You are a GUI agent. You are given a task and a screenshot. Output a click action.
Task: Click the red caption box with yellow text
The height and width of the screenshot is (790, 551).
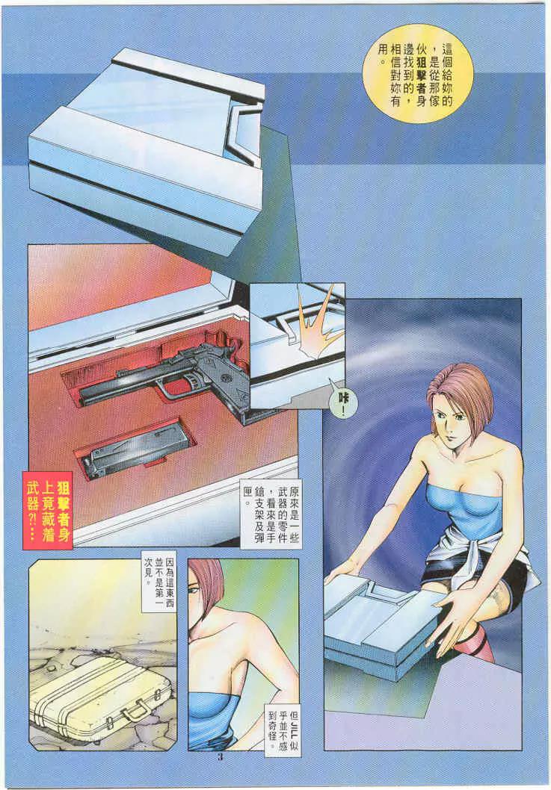48,510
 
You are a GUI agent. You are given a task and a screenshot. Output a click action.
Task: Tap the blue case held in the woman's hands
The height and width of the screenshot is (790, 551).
384,625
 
